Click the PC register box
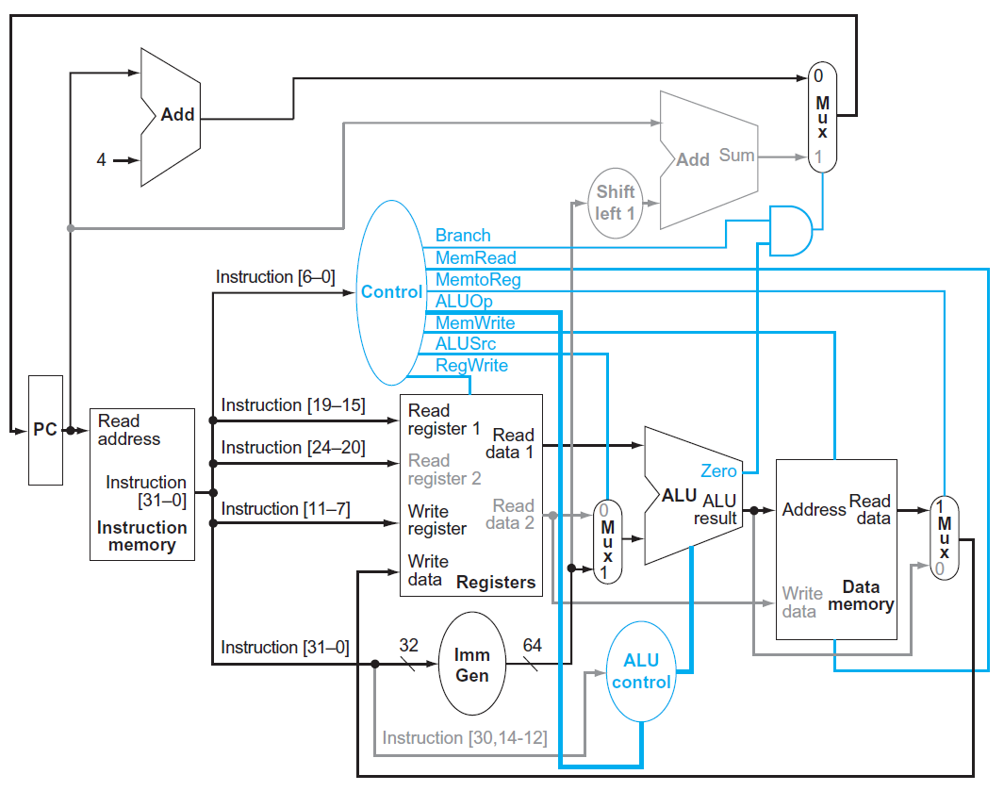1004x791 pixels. (45, 430)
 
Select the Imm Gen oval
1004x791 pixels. (472, 665)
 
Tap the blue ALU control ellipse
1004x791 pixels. (641, 671)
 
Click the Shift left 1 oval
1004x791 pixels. (616, 203)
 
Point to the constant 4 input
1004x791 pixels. (101, 160)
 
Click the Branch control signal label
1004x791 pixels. (463, 236)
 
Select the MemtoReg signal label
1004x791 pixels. (478, 280)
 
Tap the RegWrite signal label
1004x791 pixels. (471, 366)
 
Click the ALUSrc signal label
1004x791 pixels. (466, 344)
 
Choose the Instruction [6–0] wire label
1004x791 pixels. (275, 277)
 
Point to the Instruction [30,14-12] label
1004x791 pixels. (464, 737)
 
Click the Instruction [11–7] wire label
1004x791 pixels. (286, 509)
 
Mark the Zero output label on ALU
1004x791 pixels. (718, 470)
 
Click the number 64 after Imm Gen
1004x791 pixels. (533, 645)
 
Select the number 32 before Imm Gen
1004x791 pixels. (409, 646)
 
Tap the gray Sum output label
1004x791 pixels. (736, 156)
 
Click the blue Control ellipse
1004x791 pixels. (391, 292)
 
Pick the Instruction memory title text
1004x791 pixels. (142, 536)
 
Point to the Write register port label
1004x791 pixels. (437, 520)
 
